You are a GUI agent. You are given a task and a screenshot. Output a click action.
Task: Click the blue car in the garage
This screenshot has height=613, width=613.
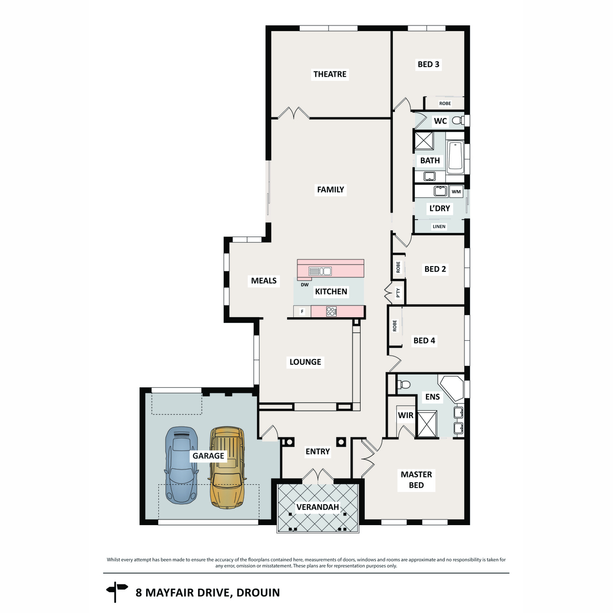[181, 465]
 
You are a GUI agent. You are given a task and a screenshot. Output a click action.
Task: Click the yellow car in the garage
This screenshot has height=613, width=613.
[227, 467]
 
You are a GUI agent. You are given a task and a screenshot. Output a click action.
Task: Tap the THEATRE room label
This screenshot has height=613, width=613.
[329, 74]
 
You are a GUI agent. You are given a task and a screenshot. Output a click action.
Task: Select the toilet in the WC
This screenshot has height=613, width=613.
[457, 120]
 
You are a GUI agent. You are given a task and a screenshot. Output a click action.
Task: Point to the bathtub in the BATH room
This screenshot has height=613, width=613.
[455, 157]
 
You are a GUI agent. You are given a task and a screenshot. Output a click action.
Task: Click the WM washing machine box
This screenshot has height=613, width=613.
[456, 192]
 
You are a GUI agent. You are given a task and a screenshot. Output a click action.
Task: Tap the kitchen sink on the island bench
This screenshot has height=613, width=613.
[320, 271]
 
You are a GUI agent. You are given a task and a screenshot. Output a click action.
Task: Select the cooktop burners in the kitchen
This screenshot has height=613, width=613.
[331, 311]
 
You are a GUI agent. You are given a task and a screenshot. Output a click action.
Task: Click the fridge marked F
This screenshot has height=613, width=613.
[302, 311]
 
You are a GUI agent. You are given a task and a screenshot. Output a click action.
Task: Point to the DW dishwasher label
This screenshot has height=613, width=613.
[304, 285]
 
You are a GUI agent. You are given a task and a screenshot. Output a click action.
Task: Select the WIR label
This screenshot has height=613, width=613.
[405, 415]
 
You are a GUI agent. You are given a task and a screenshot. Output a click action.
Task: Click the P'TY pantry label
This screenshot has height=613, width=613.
[398, 292]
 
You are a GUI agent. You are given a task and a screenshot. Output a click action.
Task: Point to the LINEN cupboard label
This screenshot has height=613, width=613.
[439, 226]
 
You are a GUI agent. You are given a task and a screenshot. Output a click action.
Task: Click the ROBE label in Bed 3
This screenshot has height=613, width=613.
[445, 103]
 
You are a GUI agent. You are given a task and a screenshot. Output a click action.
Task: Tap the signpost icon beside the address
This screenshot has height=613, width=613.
[117, 593]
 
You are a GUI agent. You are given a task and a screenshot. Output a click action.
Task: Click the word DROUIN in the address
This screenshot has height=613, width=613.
[258, 593]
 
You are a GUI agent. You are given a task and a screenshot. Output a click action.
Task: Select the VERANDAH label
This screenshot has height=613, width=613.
[317, 507]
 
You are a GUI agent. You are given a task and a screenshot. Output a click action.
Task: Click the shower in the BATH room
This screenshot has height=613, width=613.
[423, 140]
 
